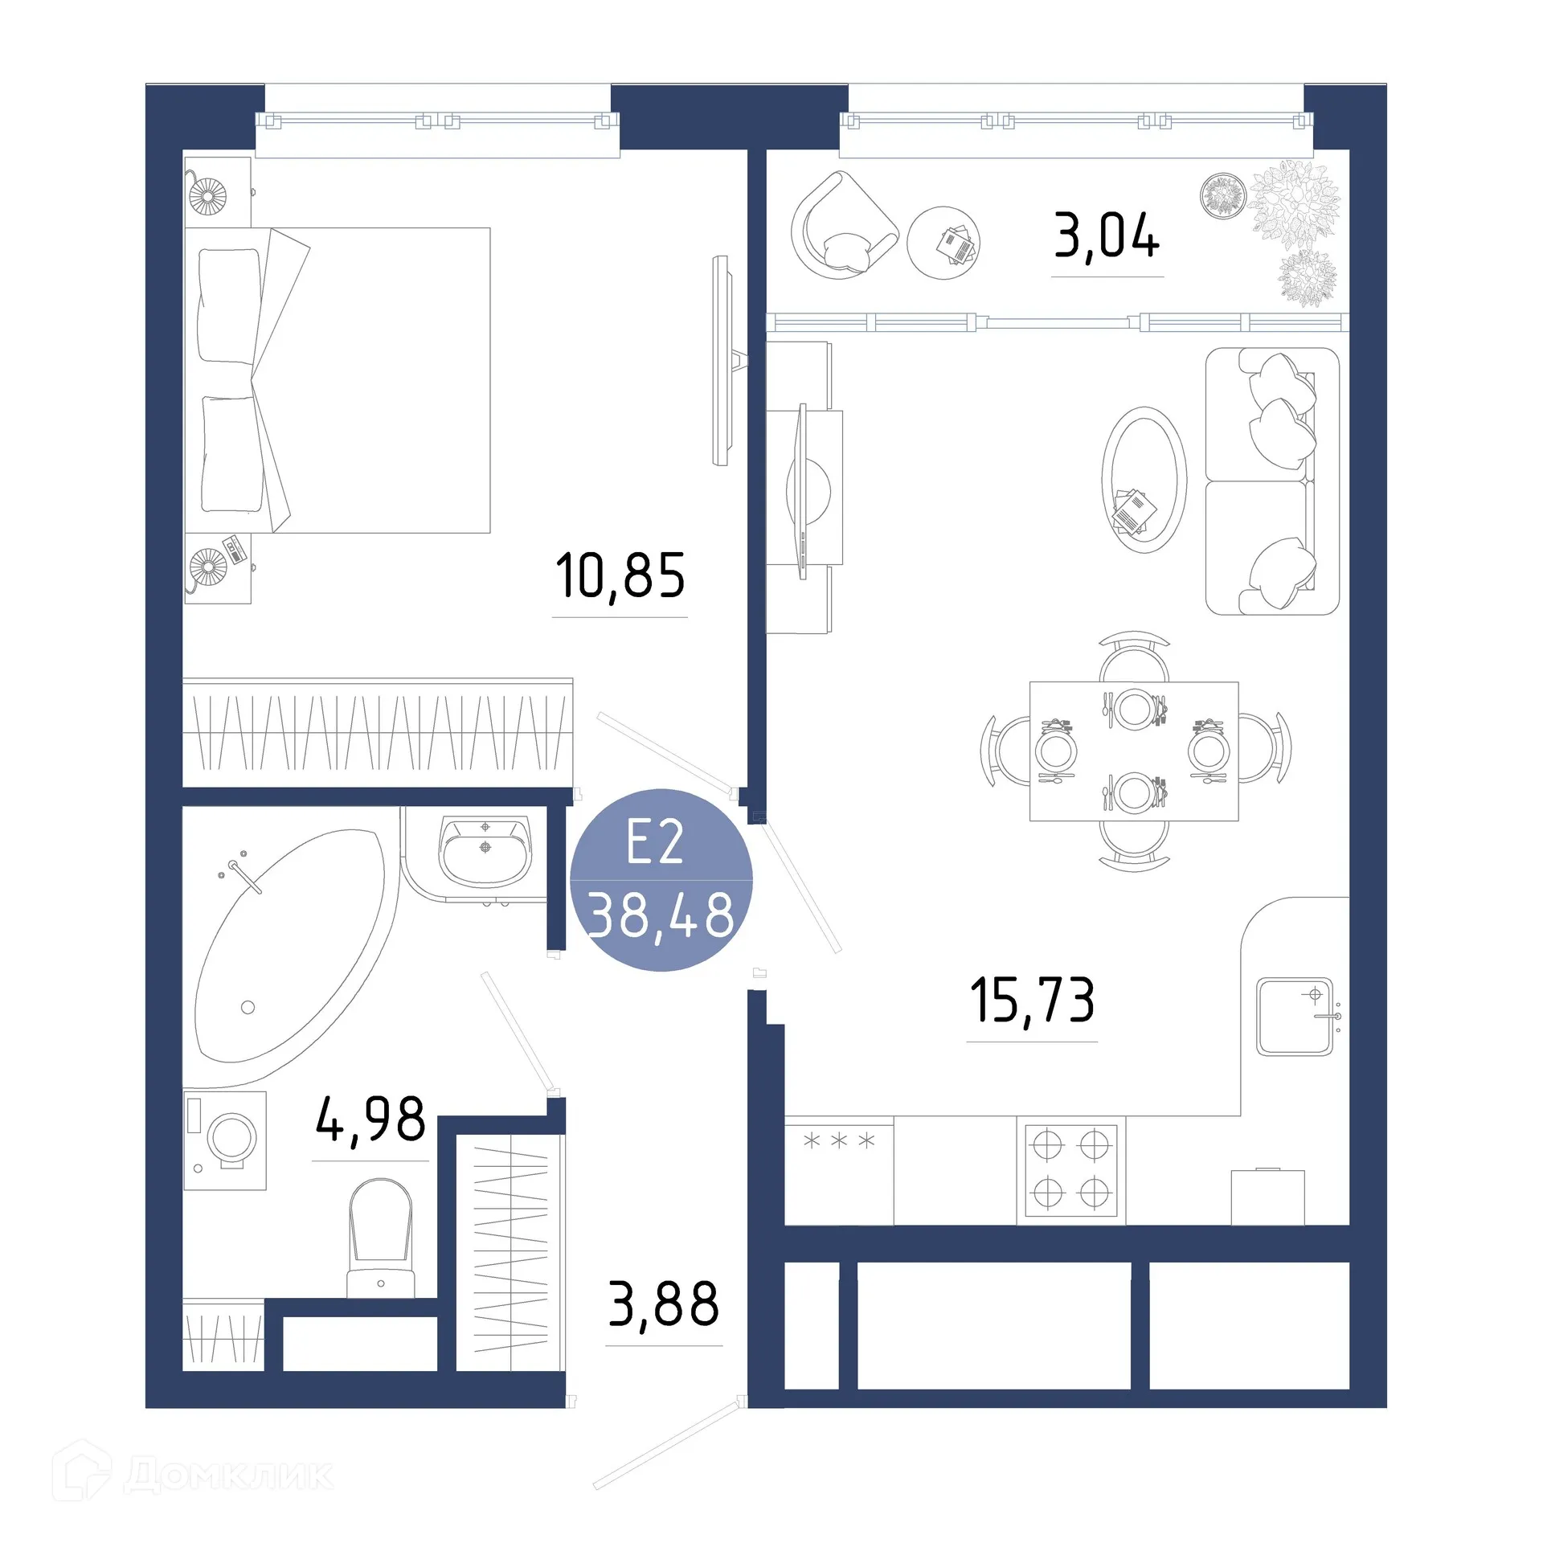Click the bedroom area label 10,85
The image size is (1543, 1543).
point(620,576)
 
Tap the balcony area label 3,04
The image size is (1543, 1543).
point(1107,236)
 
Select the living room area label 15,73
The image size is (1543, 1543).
point(1032,1001)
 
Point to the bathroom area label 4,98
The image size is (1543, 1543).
point(370,1119)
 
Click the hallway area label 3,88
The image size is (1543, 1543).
point(663,1304)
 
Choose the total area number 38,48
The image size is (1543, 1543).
point(661,915)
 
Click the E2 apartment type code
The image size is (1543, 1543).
point(655,842)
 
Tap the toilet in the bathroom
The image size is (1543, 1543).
point(381,1238)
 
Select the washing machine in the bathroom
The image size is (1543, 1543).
point(226,1140)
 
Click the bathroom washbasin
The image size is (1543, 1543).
point(485,849)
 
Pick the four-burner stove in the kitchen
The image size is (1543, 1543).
point(1071,1169)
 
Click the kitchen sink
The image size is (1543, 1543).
point(1295,1016)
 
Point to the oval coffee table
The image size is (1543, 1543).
point(1144,480)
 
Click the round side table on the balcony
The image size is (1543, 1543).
point(943,243)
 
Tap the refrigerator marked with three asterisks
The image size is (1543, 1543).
point(838,1169)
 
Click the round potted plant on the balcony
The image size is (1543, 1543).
point(1223,195)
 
